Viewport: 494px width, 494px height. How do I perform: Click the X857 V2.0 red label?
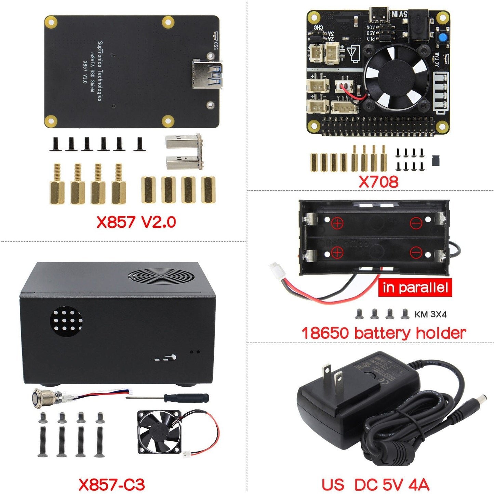pyautogui.click(x=136, y=222)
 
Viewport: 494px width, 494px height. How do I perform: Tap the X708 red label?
pyautogui.click(x=378, y=181)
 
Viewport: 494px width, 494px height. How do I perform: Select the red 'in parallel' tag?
pyautogui.click(x=415, y=288)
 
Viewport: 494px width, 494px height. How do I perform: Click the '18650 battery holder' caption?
pyautogui.click(x=383, y=333)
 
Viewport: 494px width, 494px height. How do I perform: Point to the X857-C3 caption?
pyautogui.click(x=111, y=484)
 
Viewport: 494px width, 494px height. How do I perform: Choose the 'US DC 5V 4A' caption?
pyautogui.click(x=375, y=484)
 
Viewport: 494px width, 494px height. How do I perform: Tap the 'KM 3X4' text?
pyautogui.click(x=430, y=315)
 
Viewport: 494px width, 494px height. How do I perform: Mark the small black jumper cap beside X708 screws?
pyautogui.click(x=436, y=160)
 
